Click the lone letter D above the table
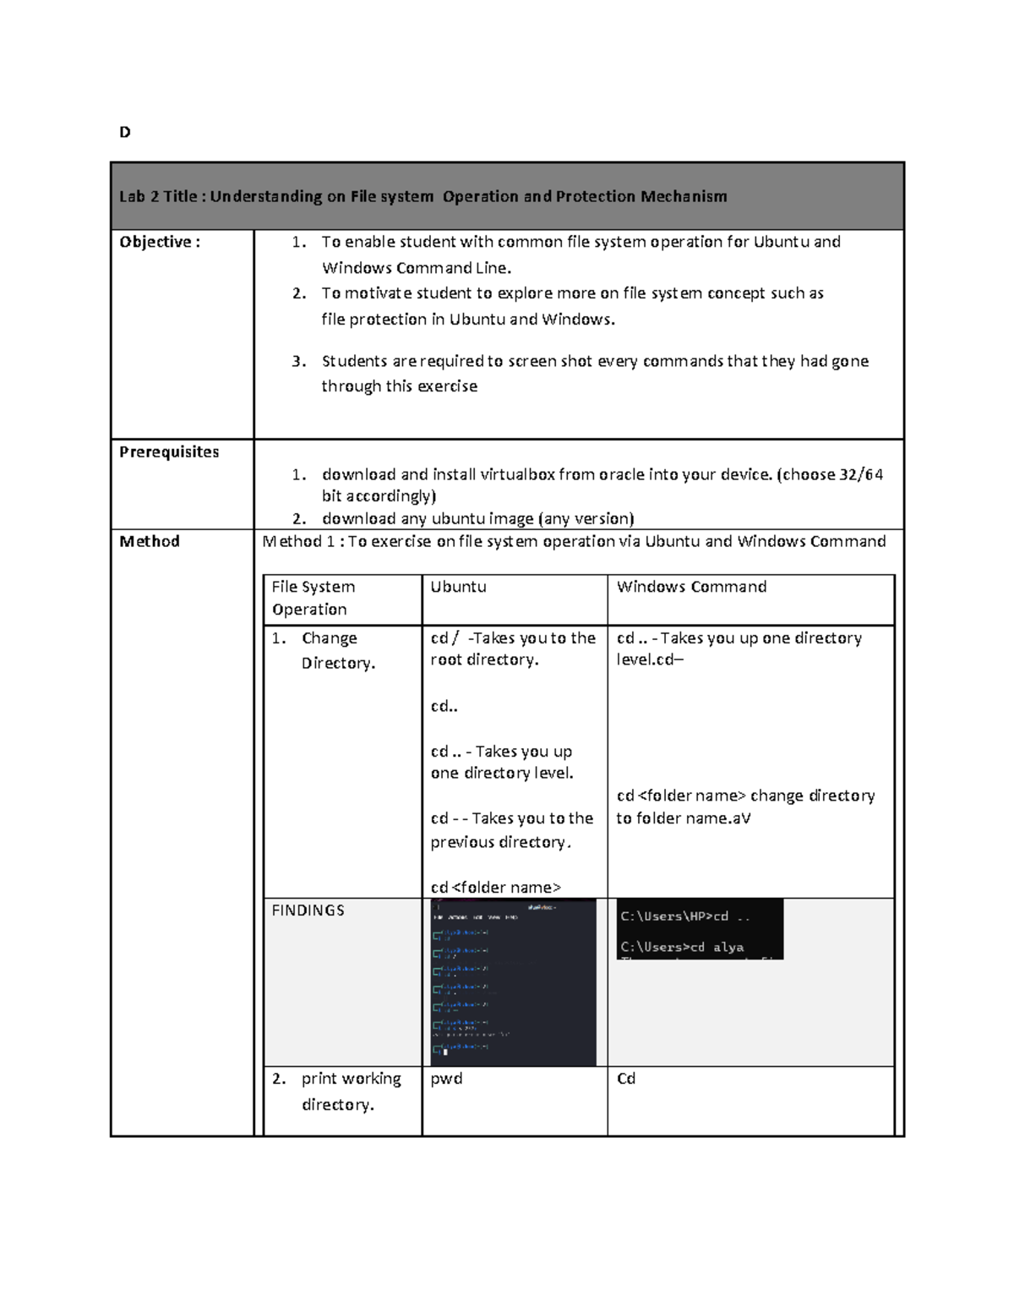click(x=125, y=132)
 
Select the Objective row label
click(x=160, y=242)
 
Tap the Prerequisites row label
click(x=169, y=451)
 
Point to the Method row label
click(x=150, y=541)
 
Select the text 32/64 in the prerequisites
click(x=861, y=474)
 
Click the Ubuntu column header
click(x=458, y=587)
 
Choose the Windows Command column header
click(x=691, y=587)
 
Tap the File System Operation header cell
click(x=313, y=598)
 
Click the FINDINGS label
click(x=308, y=911)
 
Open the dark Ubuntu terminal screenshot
click(x=513, y=982)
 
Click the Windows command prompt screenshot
click(x=700, y=929)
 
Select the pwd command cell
click(x=446, y=1079)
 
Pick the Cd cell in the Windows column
click(x=625, y=1079)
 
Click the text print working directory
click(x=350, y=1091)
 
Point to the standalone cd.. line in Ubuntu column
click(x=444, y=706)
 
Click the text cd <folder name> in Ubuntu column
click(x=495, y=887)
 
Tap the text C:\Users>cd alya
click(x=682, y=947)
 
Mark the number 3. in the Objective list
click(x=298, y=361)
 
